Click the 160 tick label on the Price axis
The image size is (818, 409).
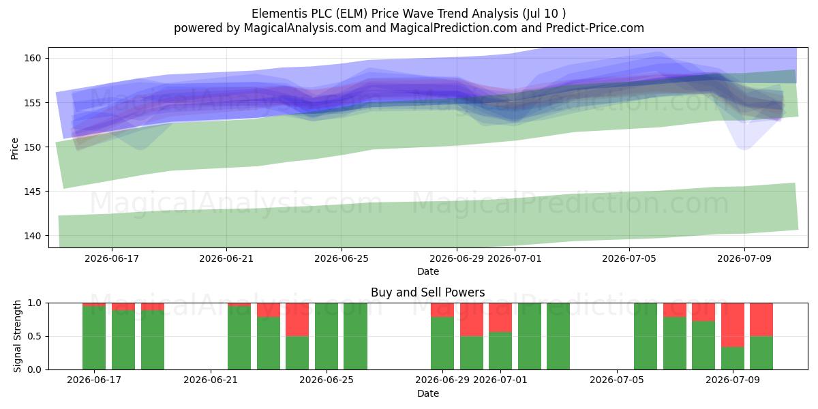point(33,58)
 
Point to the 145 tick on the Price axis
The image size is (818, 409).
point(33,192)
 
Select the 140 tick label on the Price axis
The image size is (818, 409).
point(33,236)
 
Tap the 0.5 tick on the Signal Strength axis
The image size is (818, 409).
point(34,336)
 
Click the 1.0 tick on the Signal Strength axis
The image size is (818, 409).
point(34,303)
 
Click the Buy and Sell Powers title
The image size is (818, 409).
point(427,292)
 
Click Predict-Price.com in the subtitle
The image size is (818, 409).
point(595,28)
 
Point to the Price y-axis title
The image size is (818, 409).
point(14,149)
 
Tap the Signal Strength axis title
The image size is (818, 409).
point(17,336)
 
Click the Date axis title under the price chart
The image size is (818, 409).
point(428,271)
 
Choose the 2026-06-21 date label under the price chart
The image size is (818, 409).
point(226,258)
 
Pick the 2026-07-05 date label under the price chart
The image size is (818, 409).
point(629,258)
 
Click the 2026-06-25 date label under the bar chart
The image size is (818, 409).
point(327,380)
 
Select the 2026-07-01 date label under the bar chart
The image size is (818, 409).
point(500,380)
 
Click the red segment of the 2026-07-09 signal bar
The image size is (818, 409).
point(733,325)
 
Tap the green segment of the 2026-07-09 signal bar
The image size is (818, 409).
point(733,359)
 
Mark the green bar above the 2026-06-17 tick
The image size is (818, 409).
point(94,338)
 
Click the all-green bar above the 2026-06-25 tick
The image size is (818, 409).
point(327,336)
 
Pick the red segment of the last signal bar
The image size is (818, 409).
point(761,320)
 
